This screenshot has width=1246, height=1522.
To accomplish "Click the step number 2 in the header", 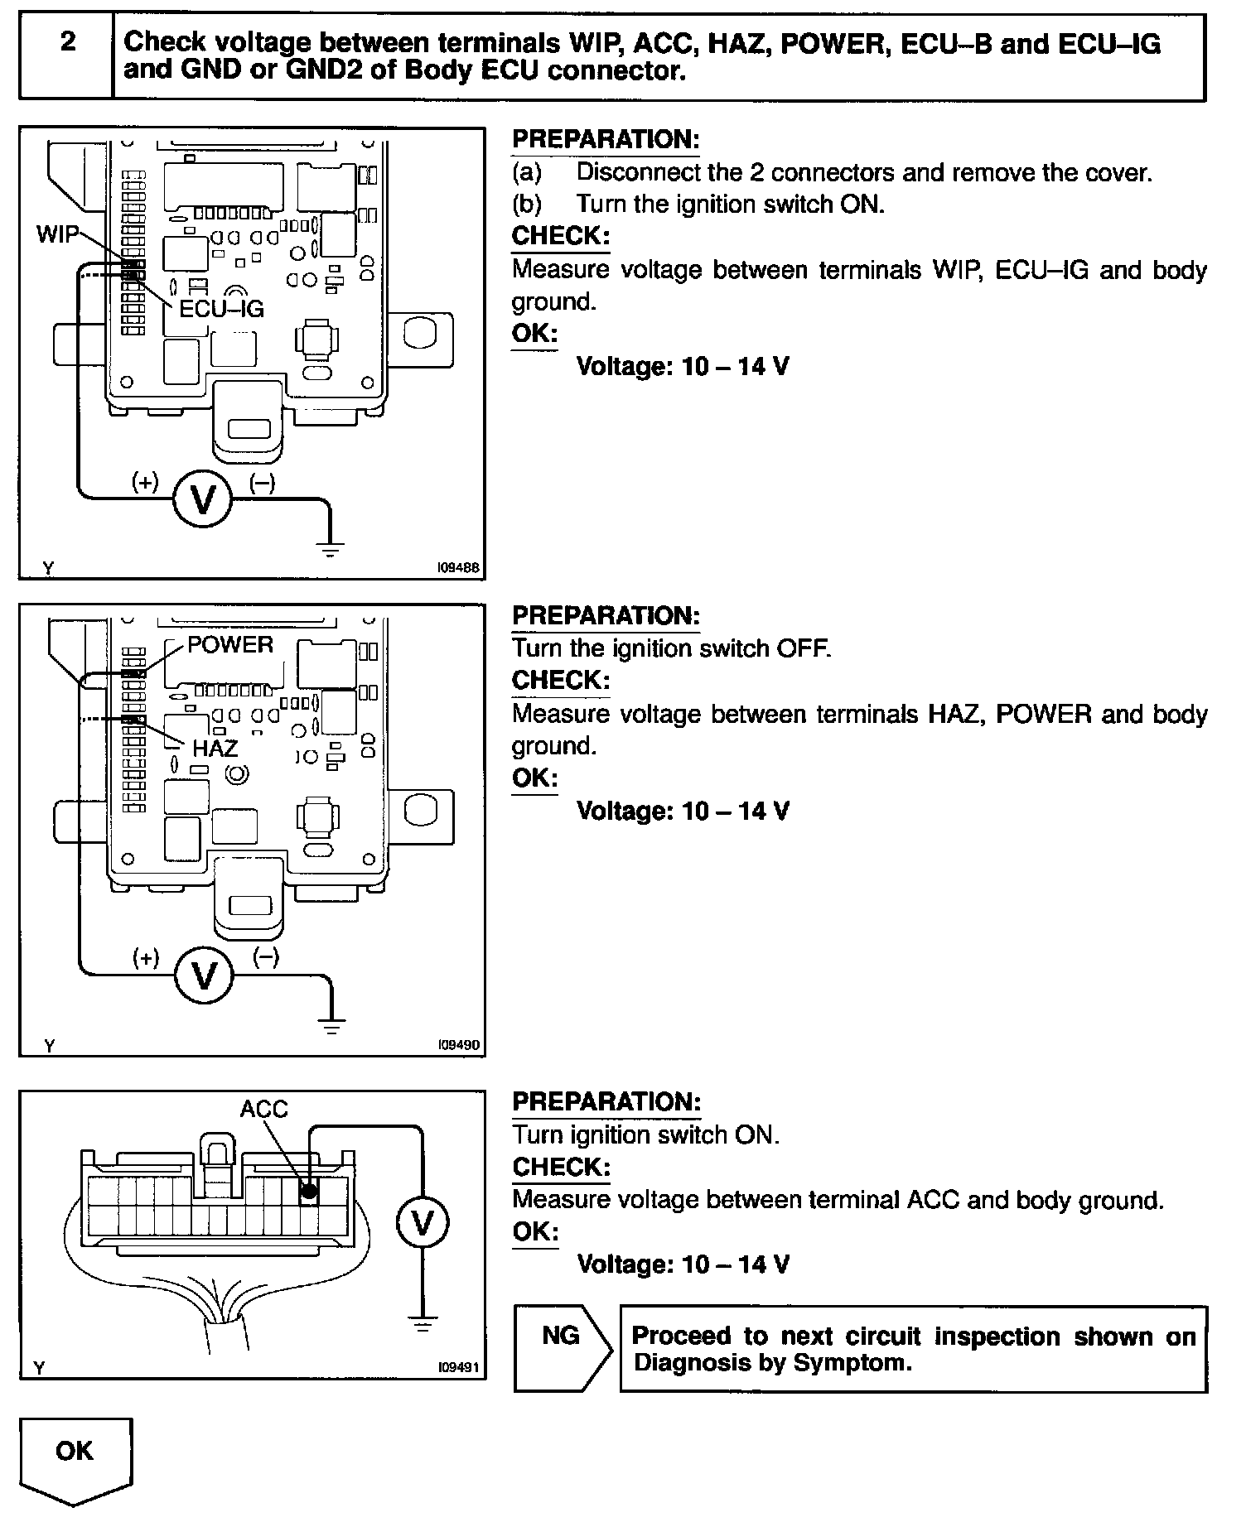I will click(x=68, y=41).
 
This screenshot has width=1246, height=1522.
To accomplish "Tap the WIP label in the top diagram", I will click(x=57, y=234).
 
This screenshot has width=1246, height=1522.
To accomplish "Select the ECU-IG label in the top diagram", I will click(x=221, y=309).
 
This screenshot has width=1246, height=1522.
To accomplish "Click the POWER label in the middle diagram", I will click(x=230, y=644).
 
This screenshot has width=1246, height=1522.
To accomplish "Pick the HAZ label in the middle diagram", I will click(x=215, y=749).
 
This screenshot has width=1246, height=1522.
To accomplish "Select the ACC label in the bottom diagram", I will click(x=263, y=1109).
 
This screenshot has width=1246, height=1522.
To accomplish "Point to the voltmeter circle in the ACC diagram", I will click(x=423, y=1222).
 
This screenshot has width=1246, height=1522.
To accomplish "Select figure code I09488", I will click(x=459, y=569).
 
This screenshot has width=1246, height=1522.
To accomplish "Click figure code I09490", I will click(x=459, y=1046).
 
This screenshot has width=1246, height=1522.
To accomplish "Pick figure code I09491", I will click(x=459, y=1368).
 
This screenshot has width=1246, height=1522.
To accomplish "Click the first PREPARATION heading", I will click(x=606, y=139).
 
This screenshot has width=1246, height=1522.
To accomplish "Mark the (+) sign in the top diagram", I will click(x=146, y=483).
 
